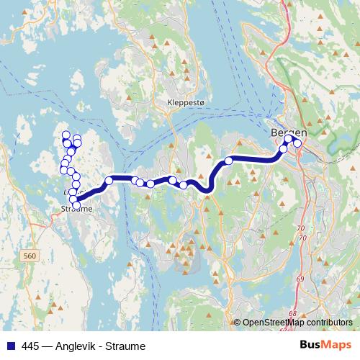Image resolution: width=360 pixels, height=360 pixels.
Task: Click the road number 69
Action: pyautogui.click(x=299, y=278)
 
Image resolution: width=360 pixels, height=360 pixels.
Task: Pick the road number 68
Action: pyautogui.click(x=292, y=313)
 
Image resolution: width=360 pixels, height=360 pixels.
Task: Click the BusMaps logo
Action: pyautogui.click(x=325, y=345)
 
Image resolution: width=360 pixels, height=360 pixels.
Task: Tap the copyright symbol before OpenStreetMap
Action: pyautogui.click(x=238, y=323)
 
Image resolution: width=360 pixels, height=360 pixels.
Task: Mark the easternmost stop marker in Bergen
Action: pyautogui.click(x=297, y=143)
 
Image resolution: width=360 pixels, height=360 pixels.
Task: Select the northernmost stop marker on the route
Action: pyautogui.click(x=66, y=135)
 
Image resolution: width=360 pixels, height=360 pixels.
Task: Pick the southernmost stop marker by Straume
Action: pyautogui.click(x=77, y=206)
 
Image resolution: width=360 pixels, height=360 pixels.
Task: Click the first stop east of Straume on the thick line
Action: pyautogui.click(x=109, y=181)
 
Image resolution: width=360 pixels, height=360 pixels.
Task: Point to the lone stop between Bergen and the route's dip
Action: pyautogui.click(x=229, y=161)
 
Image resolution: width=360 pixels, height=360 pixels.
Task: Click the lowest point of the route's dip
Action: pyautogui.click(x=207, y=190)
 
